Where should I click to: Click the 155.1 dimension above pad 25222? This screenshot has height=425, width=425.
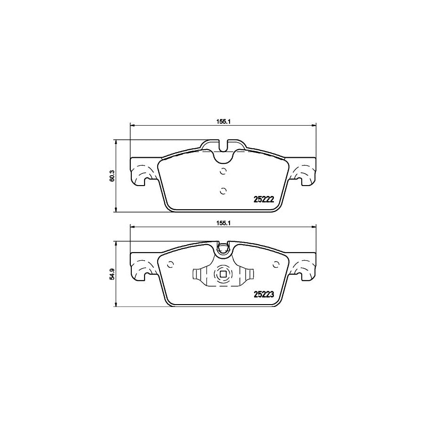tap(223, 121)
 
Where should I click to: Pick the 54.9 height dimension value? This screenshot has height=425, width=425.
tap(112, 274)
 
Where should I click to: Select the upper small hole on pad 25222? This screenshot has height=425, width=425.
tap(223, 171)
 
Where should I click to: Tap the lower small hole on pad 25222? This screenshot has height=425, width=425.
tap(223, 191)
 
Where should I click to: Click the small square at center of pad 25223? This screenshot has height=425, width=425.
tap(223, 274)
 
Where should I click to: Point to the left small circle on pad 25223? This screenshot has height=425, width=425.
tap(171, 264)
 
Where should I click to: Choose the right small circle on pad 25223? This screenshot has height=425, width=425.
tap(275, 264)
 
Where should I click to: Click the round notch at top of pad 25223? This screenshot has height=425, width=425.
tap(223, 249)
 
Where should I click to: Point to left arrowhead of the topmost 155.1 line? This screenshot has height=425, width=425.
tap(132, 125)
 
